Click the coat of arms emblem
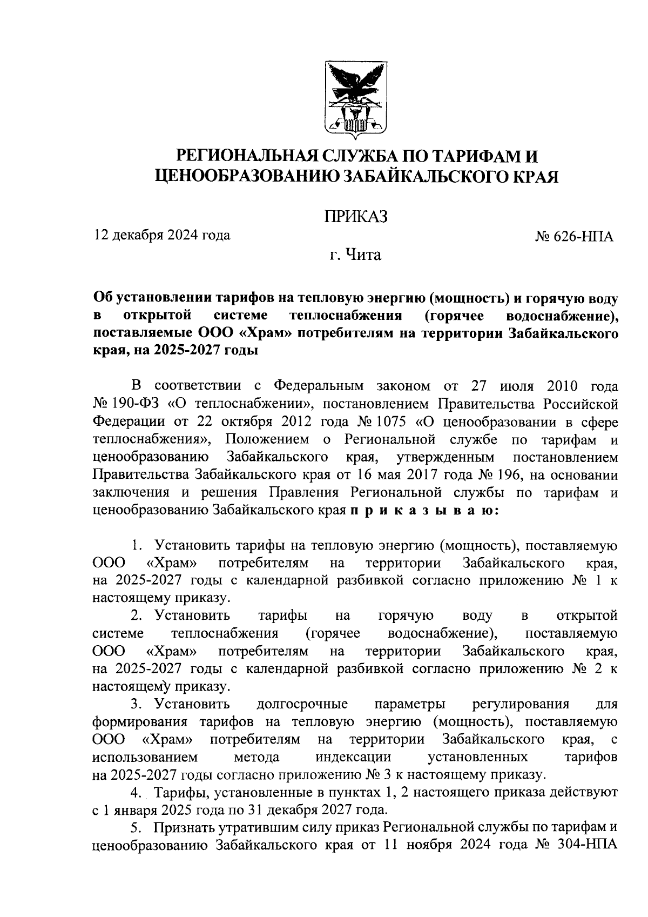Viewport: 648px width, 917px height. pos(356,101)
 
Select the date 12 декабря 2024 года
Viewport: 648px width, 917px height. pos(161,235)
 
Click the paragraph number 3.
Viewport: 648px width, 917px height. pos(136,704)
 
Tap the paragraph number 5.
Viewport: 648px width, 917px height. pos(136,827)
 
